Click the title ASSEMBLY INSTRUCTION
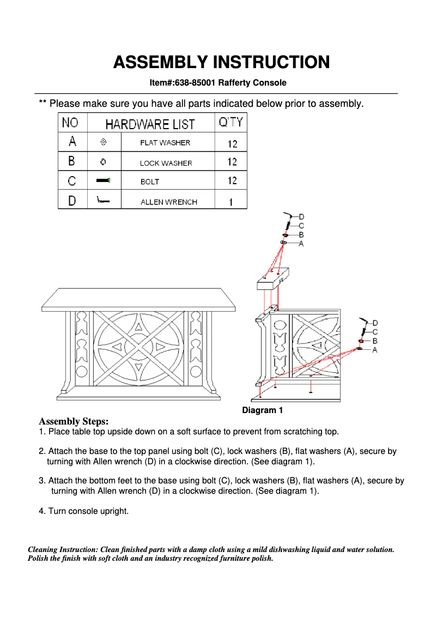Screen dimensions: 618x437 (221, 62)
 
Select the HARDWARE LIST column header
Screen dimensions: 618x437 (150, 124)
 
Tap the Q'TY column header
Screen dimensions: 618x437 (231, 123)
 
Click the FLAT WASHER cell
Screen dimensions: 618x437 (165, 143)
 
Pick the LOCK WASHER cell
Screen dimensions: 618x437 (166, 163)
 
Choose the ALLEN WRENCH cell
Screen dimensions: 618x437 (168, 202)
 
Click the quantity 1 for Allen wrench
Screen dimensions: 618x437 (231, 202)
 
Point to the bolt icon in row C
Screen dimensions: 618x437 (104, 180)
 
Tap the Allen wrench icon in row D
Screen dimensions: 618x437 (102, 201)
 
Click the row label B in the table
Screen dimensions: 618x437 (72, 161)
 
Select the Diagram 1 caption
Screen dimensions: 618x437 (262, 410)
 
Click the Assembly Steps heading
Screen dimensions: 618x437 (74, 421)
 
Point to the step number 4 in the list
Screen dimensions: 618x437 (41, 511)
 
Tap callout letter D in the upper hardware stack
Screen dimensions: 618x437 (301, 217)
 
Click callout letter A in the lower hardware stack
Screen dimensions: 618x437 (374, 350)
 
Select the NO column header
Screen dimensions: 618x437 (70, 123)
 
